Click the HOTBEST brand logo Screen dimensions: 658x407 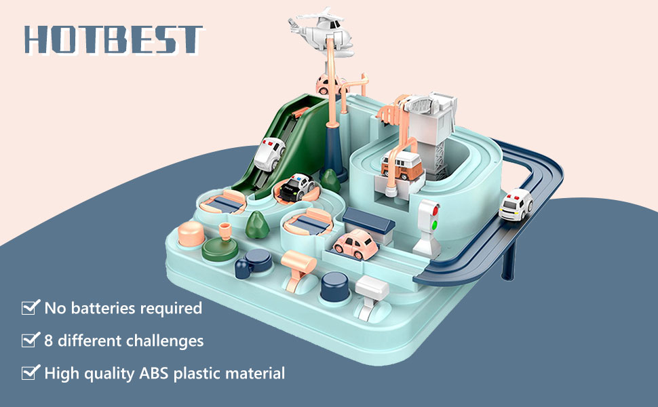[x=114, y=40]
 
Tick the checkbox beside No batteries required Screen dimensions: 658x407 [x=31, y=307]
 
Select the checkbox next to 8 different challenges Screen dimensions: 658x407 [x=31, y=339]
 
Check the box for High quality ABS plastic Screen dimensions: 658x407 [x=31, y=372]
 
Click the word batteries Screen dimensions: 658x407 [x=103, y=308]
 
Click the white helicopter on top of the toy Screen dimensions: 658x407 [x=322, y=31]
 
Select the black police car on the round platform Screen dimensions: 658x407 [x=296, y=187]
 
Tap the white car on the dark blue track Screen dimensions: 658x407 [x=516, y=204]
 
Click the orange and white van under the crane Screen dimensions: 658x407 [x=402, y=165]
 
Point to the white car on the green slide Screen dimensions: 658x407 [x=269, y=153]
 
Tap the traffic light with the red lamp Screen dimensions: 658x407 [x=429, y=227]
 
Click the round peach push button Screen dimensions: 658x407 [x=191, y=234]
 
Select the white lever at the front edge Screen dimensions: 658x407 [x=371, y=295]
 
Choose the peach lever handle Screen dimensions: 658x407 [x=298, y=268]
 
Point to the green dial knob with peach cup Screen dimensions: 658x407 [x=220, y=245]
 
